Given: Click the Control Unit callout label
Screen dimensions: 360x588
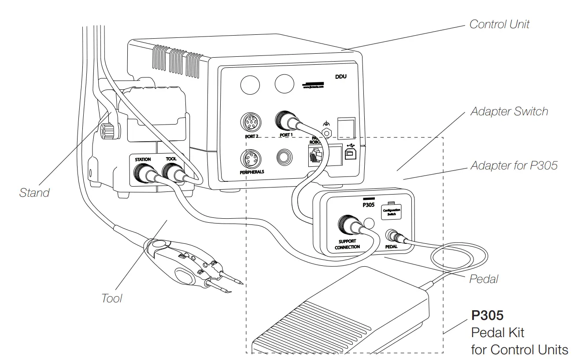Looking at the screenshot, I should pos(499,24).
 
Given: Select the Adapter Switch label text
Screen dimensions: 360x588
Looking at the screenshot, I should pos(509,111).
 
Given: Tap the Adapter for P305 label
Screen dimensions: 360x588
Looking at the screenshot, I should pos(514,165).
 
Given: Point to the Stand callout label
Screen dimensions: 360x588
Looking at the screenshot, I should pos(34,192).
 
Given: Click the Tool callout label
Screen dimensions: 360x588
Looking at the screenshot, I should pos(111,298).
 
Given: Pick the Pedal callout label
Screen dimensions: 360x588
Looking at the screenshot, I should pos(484,279).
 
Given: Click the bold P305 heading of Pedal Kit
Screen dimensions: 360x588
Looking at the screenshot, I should pos(487,316).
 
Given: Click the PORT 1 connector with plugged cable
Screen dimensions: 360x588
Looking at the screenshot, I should pos(285,119).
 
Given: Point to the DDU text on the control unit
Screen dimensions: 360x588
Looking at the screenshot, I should pos(340,77).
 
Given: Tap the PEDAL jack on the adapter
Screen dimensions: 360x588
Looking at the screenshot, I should pos(391,235).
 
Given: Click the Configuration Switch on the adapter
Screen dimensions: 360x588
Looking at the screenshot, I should pos(391,212).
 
